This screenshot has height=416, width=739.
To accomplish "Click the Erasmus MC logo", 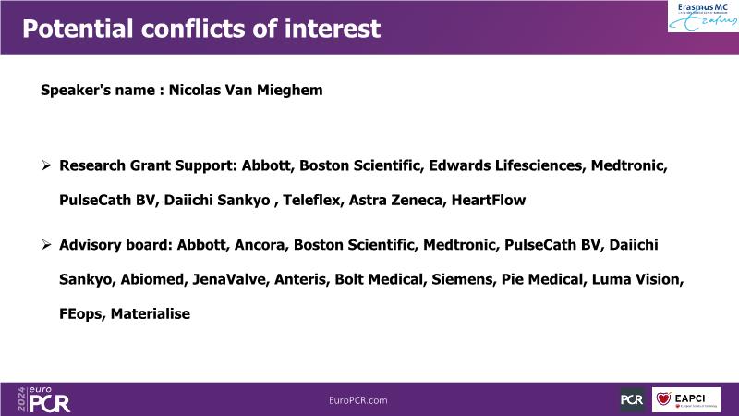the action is (x=703, y=17).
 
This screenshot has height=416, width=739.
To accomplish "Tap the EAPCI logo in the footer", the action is (x=686, y=399).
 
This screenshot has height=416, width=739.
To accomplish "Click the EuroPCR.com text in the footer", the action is (x=358, y=400).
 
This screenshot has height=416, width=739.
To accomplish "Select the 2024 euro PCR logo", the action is (x=43, y=399).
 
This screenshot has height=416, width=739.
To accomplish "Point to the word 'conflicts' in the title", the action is (x=193, y=29).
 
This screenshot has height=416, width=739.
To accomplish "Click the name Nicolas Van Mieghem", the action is (x=246, y=90).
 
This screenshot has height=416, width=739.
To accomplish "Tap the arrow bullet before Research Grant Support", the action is (x=46, y=165).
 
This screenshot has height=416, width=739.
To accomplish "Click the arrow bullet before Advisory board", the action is (x=46, y=244).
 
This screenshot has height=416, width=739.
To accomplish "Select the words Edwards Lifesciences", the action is (x=505, y=165).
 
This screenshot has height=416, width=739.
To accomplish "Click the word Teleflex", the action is (x=310, y=200).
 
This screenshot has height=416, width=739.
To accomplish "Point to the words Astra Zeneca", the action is (x=395, y=200).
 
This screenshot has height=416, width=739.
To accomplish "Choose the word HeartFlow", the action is (x=489, y=200).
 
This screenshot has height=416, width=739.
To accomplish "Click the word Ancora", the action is (x=260, y=245).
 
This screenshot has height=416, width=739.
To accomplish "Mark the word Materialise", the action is (x=151, y=313).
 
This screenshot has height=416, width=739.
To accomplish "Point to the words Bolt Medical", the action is (x=379, y=279).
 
